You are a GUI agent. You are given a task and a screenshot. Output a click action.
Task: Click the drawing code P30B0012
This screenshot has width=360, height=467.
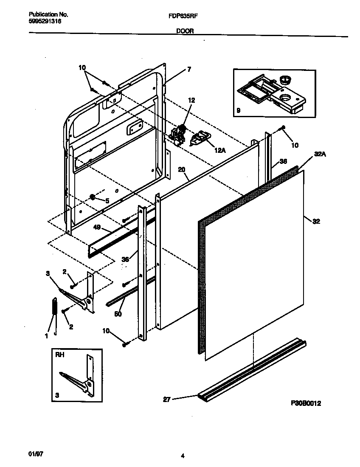tap(306, 404)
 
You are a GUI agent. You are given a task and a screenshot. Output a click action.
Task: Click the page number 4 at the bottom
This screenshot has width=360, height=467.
tap(182, 456)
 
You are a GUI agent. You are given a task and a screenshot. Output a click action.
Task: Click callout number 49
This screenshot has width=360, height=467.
tap(97, 228)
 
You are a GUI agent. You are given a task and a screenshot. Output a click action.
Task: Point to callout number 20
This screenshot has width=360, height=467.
tap(182, 169)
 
